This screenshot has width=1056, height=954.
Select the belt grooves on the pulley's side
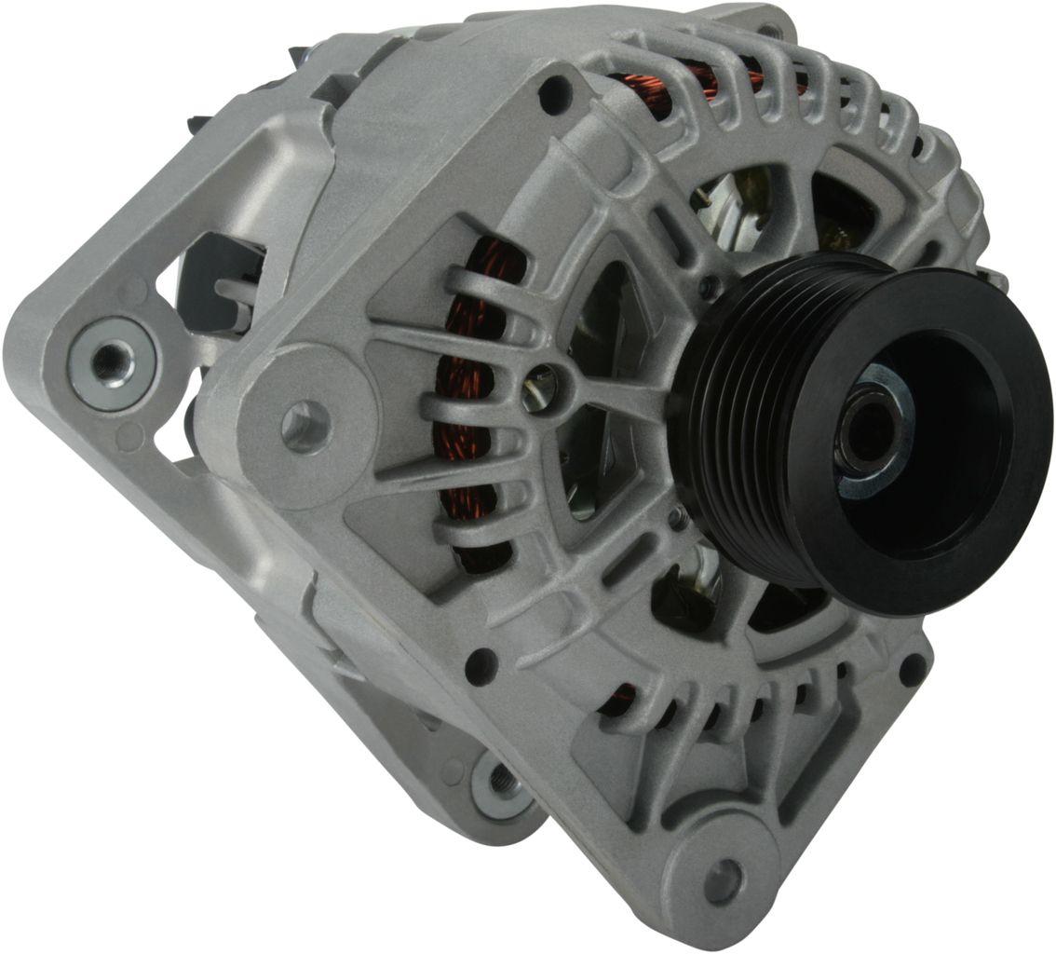[x=736, y=419]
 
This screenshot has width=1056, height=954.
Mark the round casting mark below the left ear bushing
[x=129, y=434]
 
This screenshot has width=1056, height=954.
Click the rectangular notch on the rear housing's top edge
[x=326, y=89]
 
